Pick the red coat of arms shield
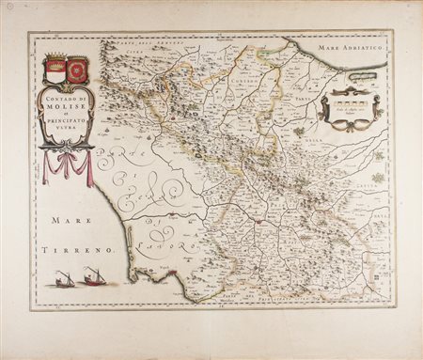(x=77, y=69)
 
